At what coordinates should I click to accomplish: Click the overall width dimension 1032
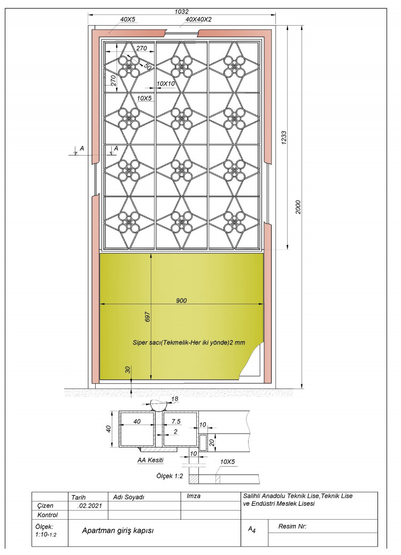[182, 11]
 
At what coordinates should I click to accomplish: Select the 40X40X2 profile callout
[198, 19]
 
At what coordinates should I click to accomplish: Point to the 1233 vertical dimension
[283, 138]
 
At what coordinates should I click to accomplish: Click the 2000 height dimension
[298, 207]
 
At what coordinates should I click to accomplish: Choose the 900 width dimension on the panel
[181, 300]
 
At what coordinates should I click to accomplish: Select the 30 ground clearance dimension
[128, 369]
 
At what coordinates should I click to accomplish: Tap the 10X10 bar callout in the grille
[166, 83]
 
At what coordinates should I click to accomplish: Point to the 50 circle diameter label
[148, 67]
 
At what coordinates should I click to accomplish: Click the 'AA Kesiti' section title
[150, 460]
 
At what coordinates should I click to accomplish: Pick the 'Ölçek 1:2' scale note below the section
[170, 476]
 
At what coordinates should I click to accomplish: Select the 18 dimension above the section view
[174, 399]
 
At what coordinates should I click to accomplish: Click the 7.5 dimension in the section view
[176, 421]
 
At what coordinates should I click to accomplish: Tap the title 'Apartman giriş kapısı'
[118, 530]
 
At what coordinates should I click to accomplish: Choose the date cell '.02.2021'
[89, 506]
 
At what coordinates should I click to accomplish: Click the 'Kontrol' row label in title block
[48, 515]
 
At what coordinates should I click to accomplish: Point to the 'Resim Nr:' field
[292, 526]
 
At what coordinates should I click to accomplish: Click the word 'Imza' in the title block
[193, 496]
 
